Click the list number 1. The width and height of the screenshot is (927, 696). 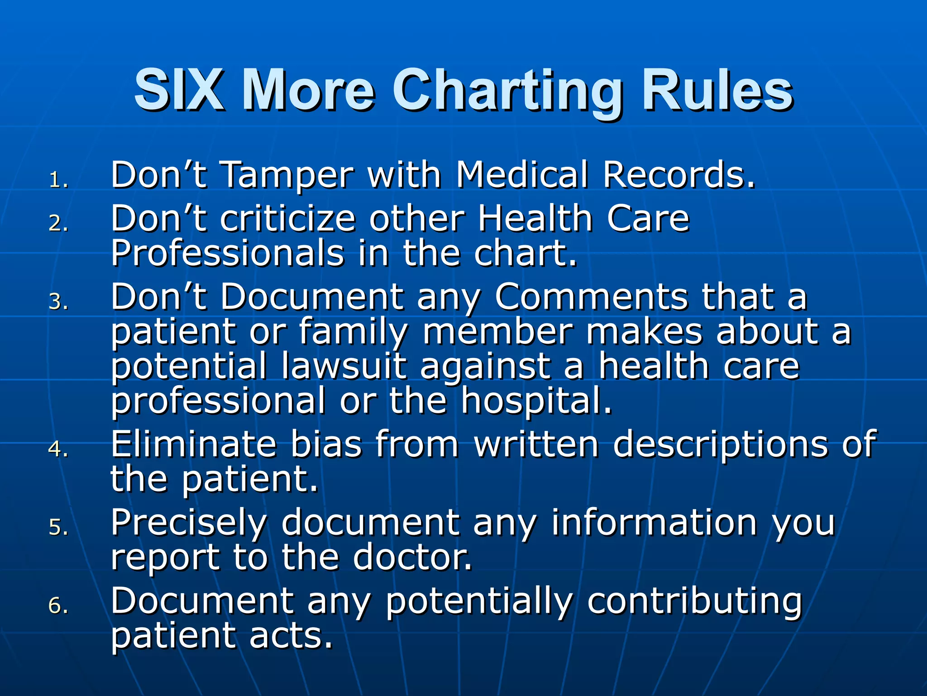point(58,180)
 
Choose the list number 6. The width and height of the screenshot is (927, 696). point(58,606)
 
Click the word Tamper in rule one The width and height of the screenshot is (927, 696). point(288,176)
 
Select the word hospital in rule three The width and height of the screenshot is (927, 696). point(536,401)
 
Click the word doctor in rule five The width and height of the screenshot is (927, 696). point(412,557)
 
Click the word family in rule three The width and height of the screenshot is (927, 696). point(353,332)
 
